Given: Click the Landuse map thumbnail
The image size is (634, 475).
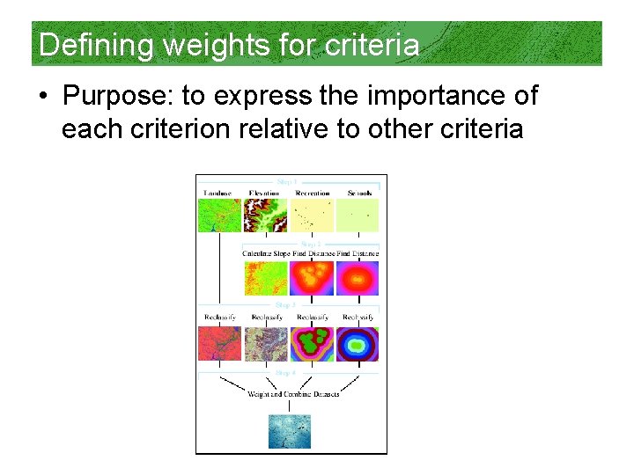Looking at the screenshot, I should (x=219, y=215).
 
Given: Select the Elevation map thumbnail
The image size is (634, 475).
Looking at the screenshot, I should (x=265, y=215).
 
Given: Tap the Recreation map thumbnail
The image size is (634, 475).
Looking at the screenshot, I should (x=312, y=215).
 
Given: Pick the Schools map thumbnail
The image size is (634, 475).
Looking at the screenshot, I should (x=358, y=215).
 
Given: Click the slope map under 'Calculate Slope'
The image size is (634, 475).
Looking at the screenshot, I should (x=265, y=278).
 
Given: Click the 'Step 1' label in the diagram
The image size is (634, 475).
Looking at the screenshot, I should (x=290, y=183).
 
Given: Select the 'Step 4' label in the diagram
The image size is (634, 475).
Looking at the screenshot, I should (x=287, y=372).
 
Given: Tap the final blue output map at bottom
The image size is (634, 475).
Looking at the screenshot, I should (x=290, y=431).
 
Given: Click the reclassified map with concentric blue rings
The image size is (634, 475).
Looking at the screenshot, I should (x=358, y=344).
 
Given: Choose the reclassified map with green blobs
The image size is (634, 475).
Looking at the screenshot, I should (x=312, y=344).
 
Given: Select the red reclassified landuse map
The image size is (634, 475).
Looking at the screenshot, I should (x=219, y=344).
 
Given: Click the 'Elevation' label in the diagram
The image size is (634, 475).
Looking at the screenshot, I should (x=264, y=193).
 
